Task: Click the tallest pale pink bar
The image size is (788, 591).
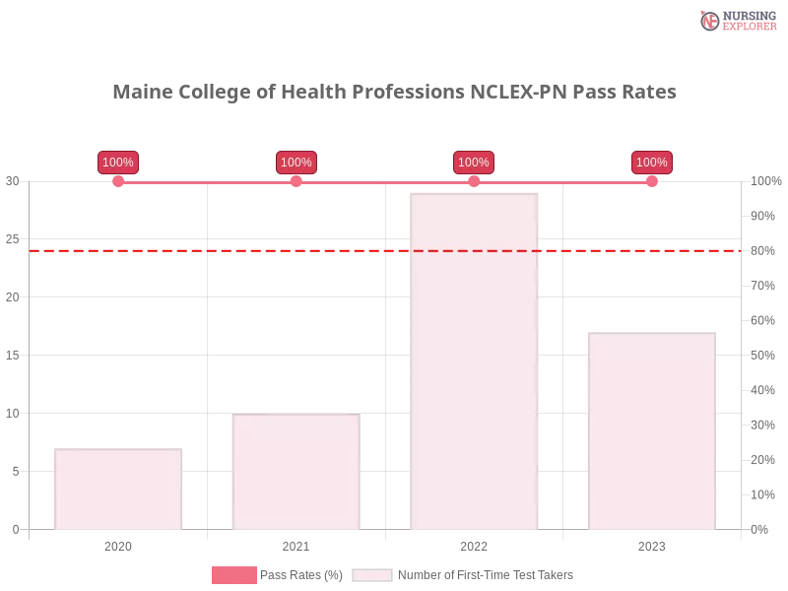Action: tap(476, 361)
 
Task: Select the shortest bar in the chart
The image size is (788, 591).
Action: tap(118, 489)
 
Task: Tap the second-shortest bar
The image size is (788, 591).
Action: tap(295, 471)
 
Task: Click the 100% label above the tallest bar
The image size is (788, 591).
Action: tap(474, 163)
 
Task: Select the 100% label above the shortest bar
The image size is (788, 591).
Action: tap(118, 163)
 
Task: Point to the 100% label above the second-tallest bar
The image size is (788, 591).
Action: tap(651, 163)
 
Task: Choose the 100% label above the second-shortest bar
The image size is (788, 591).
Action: tap(295, 163)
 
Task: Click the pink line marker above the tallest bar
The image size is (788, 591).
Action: tap(474, 181)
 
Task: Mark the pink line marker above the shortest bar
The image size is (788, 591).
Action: tap(118, 181)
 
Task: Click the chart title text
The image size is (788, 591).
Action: tap(394, 93)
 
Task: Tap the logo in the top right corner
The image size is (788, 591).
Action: tap(736, 20)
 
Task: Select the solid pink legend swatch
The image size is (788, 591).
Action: tap(232, 575)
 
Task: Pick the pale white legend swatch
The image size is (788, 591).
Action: tap(372, 575)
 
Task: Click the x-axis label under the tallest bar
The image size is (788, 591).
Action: tap(473, 545)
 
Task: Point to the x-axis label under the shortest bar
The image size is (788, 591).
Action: tap(118, 545)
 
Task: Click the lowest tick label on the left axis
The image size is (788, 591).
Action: tap(15, 529)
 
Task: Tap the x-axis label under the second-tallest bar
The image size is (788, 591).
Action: tap(652, 545)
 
